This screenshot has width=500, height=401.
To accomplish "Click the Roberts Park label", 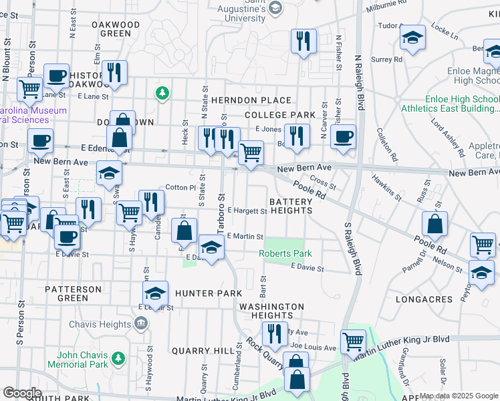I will click(285, 254).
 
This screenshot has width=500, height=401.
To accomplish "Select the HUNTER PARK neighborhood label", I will click(208, 293).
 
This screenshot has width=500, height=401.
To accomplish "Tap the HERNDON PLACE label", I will click(251, 100).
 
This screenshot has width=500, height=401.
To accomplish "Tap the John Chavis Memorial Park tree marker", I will click(119, 359).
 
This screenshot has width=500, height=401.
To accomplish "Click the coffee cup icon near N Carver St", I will click(344, 137).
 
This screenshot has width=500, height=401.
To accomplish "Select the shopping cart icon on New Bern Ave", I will click(251, 153).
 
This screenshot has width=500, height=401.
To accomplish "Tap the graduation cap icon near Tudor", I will click(413, 38).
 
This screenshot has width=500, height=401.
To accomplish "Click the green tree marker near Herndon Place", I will click(161, 92).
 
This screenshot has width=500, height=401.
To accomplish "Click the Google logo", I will click(22, 393).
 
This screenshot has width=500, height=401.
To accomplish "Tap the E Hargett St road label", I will click(247, 211).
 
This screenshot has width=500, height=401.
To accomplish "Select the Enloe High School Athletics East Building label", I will click(450, 103).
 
